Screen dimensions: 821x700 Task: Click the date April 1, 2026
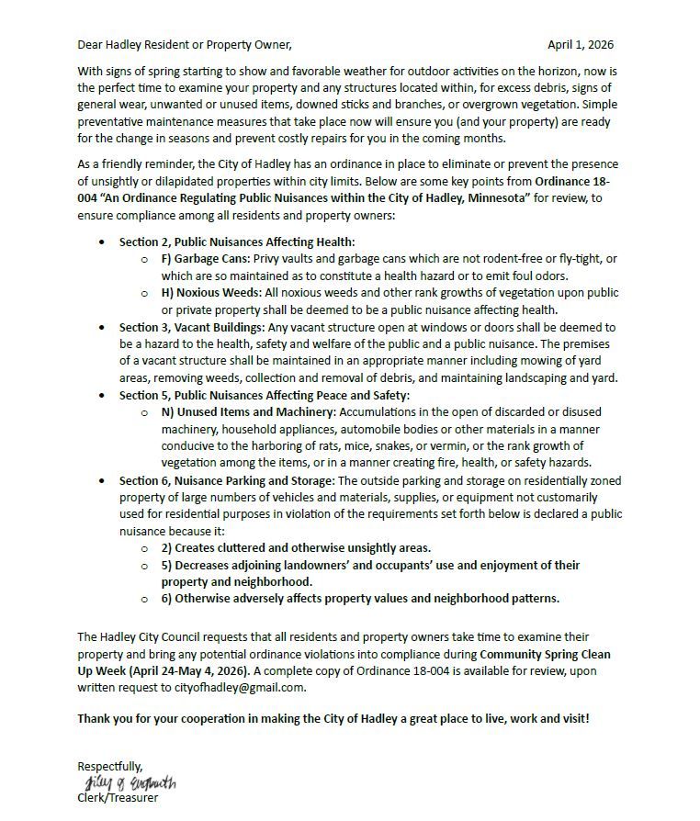click(x=580, y=44)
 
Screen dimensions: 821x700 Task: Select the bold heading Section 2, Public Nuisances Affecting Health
click(x=236, y=242)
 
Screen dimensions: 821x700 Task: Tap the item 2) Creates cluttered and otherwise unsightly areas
click(x=296, y=548)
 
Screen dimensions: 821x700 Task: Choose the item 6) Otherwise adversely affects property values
click(x=360, y=599)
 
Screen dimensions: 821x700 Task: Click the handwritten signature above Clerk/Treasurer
click(x=130, y=782)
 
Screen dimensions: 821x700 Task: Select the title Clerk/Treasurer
click(x=117, y=798)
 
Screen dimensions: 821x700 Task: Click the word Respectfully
click(x=109, y=766)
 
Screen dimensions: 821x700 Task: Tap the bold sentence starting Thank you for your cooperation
click(x=333, y=718)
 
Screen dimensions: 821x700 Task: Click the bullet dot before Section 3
click(x=102, y=328)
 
